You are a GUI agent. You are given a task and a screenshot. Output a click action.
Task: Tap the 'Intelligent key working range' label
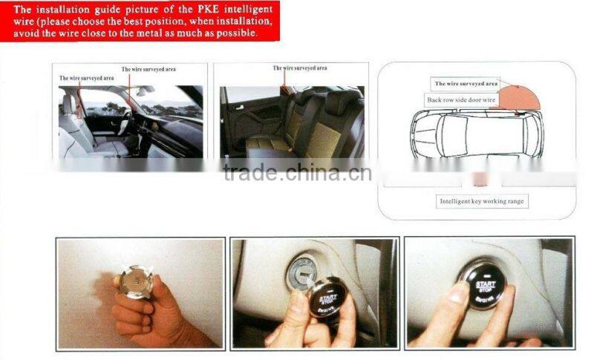483,201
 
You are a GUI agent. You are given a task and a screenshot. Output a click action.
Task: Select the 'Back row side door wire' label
462,99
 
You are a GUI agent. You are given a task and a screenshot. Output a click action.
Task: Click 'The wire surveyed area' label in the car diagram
466,84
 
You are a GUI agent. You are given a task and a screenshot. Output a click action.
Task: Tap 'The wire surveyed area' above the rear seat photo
300,68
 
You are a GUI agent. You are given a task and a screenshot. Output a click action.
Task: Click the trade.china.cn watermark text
297,172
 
